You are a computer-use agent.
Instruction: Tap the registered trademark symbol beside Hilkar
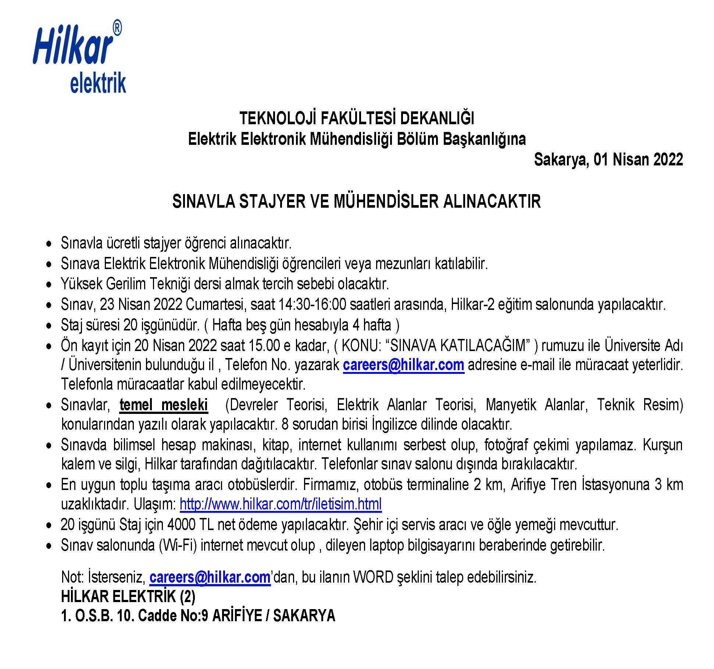pos(117,28)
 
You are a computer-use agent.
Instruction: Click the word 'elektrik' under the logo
pos(98,83)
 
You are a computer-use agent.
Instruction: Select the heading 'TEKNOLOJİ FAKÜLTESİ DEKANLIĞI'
pos(357,118)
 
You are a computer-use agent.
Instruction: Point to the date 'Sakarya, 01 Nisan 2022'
pos(608,160)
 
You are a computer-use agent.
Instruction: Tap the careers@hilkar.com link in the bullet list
pos(403,365)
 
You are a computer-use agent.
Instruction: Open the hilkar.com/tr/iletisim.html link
pos(281,504)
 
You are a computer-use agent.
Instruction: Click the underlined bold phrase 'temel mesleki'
pos(164,405)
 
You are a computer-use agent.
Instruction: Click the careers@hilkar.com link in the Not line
pos(210,577)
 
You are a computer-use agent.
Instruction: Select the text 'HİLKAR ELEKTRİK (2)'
pos(128,597)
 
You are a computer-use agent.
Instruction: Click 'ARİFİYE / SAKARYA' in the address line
pos(274,616)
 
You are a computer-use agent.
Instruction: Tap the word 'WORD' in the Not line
pos(373,577)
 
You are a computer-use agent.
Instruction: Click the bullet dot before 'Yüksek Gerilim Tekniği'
pos(49,285)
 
